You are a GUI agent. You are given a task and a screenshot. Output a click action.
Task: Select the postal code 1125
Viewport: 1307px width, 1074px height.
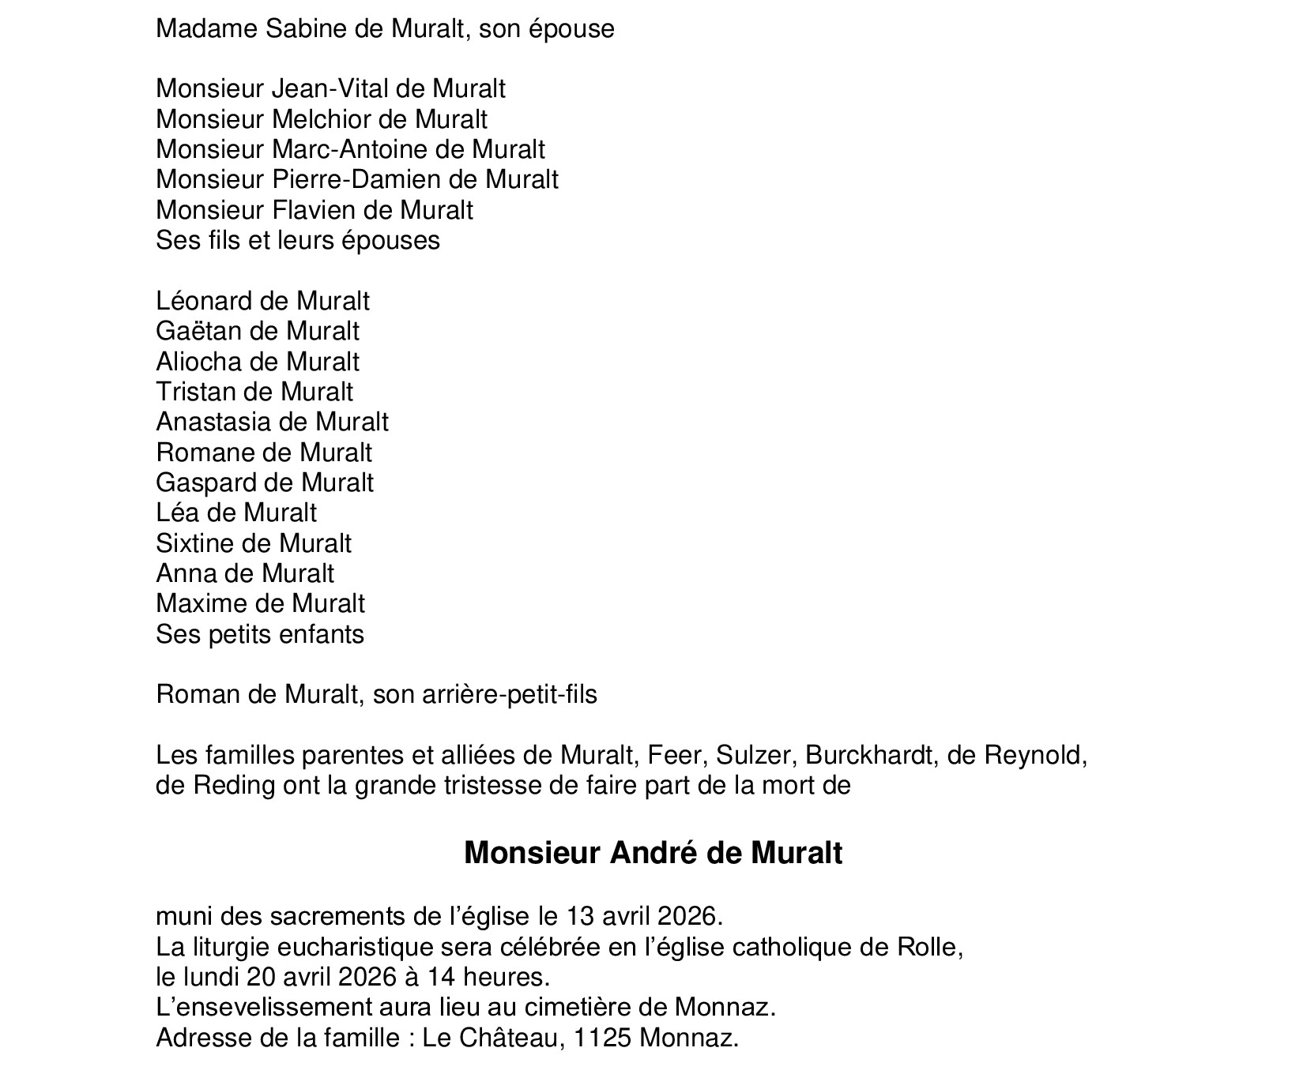(x=603, y=1038)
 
